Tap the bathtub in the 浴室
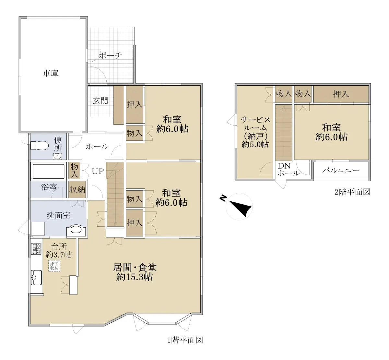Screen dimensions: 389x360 (48, 172)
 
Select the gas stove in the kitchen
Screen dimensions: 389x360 (36, 249)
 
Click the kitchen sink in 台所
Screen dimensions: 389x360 (36, 278)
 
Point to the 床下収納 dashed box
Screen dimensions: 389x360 (54, 266)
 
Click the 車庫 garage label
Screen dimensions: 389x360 (51, 73)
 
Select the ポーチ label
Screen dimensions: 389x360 (110, 55)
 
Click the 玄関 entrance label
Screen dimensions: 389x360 (100, 101)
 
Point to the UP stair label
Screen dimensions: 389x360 (98, 172)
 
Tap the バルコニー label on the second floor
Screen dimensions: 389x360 (341, 170)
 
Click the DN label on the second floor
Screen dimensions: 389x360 (284, 166)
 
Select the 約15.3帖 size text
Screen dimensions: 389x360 (135, 277)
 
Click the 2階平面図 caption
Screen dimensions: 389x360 (352, 192)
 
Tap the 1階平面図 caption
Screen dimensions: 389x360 (185, 340)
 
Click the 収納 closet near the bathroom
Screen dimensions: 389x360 (77, 190)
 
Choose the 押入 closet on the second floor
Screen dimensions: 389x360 (341, 94)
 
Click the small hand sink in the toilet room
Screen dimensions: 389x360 (57, 156)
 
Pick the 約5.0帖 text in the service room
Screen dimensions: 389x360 (255, 144)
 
